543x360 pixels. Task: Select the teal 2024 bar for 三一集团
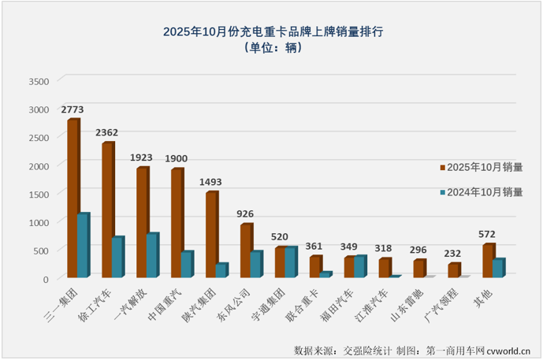tap(83, 245)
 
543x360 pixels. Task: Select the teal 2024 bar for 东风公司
tap(255, 265)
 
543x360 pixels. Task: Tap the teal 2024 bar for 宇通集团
tap(290, 262)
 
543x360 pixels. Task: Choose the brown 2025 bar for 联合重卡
tap(315, 266)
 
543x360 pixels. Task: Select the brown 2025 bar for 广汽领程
tap(453, 270)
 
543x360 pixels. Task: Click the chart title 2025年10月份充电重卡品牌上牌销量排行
tap(273, 32)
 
